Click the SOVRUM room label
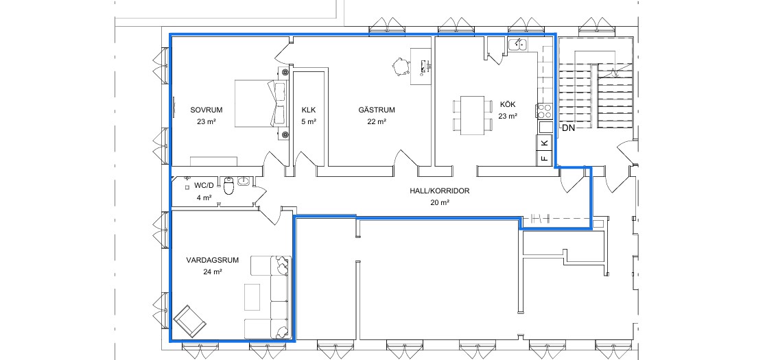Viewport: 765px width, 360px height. tap(203, 110)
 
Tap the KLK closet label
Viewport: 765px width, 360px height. tap(309, 110)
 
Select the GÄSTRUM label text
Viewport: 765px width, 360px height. tap(377, 110)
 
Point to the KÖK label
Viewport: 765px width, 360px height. tap(508, 104)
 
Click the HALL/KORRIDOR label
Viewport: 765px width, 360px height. tap(440, 191)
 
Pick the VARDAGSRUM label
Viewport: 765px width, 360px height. tap(213, 260)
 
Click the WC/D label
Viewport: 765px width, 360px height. tap(204, 185)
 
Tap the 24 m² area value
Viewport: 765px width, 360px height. tap(213, 272)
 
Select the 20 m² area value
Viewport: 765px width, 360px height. tap(440, 202)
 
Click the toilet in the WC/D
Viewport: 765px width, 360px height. tap(229, 186)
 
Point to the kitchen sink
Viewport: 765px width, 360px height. tap(517, 45)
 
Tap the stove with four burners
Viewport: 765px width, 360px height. tap(544, 111)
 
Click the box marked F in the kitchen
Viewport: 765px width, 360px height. tap(545, 158)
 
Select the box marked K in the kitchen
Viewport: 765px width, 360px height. tap(545, 143)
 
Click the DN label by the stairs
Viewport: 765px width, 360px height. tap(567, 129)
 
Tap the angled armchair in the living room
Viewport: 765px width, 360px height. tap(190, 322)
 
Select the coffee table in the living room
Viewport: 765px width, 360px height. tap(252, 297)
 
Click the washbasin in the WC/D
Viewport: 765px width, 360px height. tap(244, 182)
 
